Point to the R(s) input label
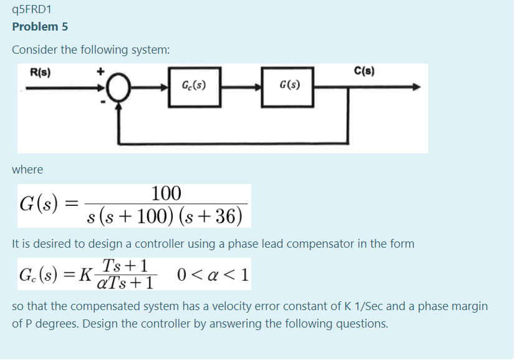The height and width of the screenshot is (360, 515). tap(41, 72)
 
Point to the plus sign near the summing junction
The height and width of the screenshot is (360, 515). tap(100, 71)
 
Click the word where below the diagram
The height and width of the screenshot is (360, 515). tap(27, 170)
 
